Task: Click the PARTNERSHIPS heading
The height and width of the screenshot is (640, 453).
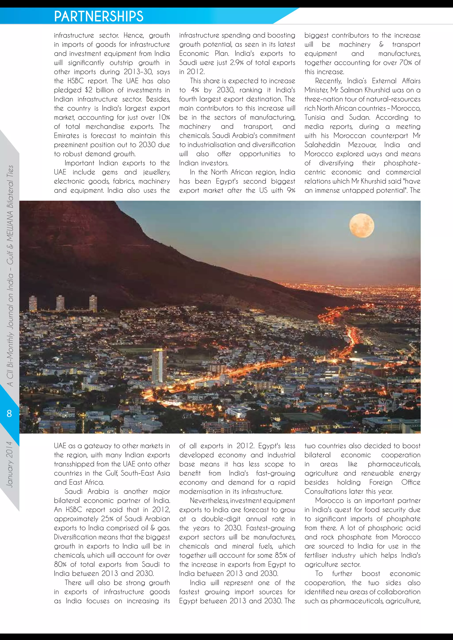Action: coord(99,16)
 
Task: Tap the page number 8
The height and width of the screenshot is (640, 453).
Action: coord(9,413)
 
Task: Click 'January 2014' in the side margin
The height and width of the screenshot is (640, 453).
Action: coord(10,464)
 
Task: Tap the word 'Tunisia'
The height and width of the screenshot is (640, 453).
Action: coord(315,118)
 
